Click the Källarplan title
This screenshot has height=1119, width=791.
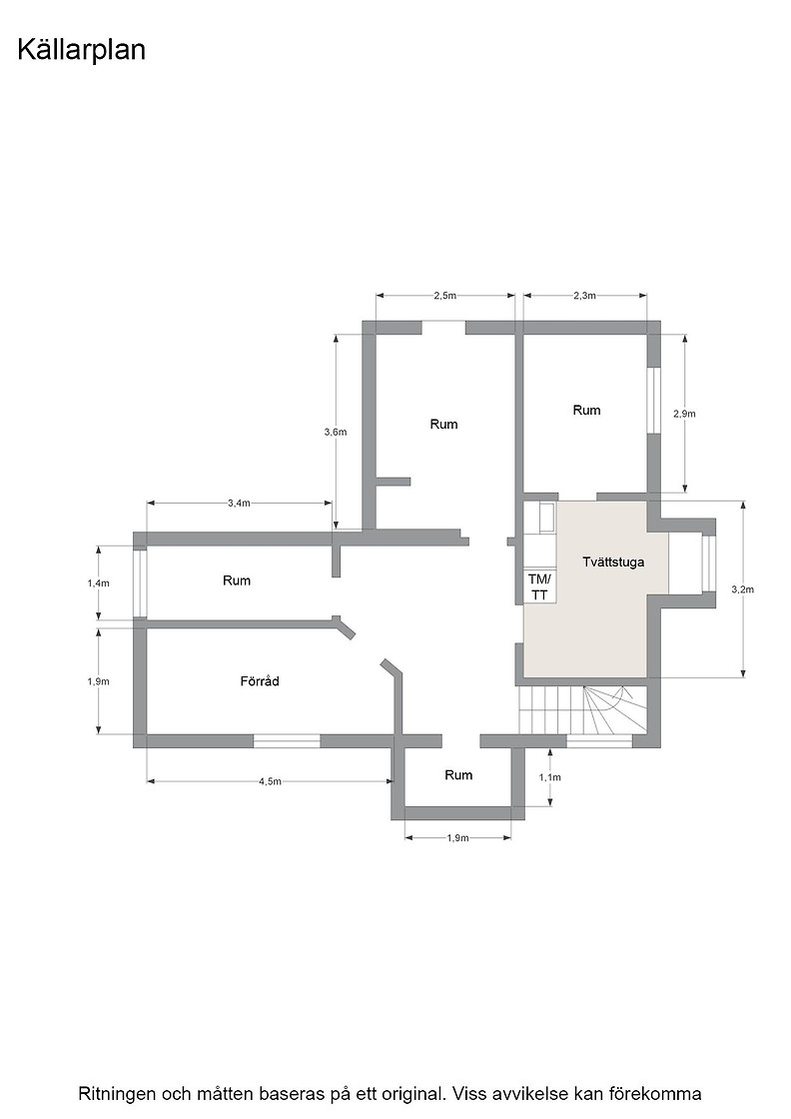[x=81, y=50]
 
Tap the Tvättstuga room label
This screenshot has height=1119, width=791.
[x=613, y=561]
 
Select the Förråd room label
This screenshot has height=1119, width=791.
[x=260, y=680]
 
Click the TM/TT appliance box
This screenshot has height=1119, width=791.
[x=540, y=586]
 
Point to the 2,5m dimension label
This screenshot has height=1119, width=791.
[x=445, y=296]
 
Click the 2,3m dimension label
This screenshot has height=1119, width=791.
[x=584, y=296]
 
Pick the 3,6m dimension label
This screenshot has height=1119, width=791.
[x=336, y=432]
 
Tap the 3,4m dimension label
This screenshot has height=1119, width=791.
[x=239, y=504]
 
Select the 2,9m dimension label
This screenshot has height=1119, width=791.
[x=684, y=414]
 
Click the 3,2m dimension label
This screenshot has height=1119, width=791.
[x=742, y=589]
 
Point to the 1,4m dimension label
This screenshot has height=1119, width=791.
[x=99, y=583]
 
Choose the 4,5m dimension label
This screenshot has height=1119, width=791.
[x=270, y=781]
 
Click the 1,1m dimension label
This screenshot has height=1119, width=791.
[x=550, y=777]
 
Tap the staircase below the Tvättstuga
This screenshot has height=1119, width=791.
[x=581, y=709]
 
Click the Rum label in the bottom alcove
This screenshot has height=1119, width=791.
[x=458, y=775]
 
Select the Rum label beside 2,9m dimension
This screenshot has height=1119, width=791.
[x=586, y=410]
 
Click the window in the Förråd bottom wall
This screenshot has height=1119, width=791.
[x=287, y=741]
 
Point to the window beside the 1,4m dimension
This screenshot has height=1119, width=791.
[x=141, y=583]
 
